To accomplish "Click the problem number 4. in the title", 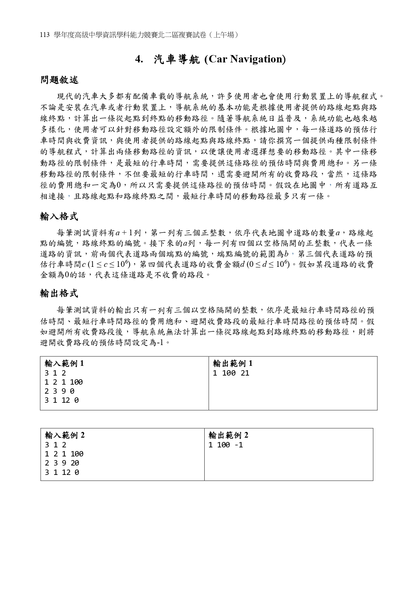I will coord(139,59).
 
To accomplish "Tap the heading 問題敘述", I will coord(59,80).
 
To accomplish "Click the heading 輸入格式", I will coord(59,216).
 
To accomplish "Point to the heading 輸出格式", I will coord(59,293).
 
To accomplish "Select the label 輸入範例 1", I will coord(64,363).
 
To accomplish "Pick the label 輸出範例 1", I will coord(233,363).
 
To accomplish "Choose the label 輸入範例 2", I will coord(65,435).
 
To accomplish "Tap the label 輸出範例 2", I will coord(228,435).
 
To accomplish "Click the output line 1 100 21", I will coord(231,373).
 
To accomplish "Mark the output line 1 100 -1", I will coord(225,445).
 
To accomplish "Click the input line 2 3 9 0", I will coord(59,391).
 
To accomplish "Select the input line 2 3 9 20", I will coord(62,463).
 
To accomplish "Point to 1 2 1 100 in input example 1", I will coord(64,382).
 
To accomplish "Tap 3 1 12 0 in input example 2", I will coord(62,472).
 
